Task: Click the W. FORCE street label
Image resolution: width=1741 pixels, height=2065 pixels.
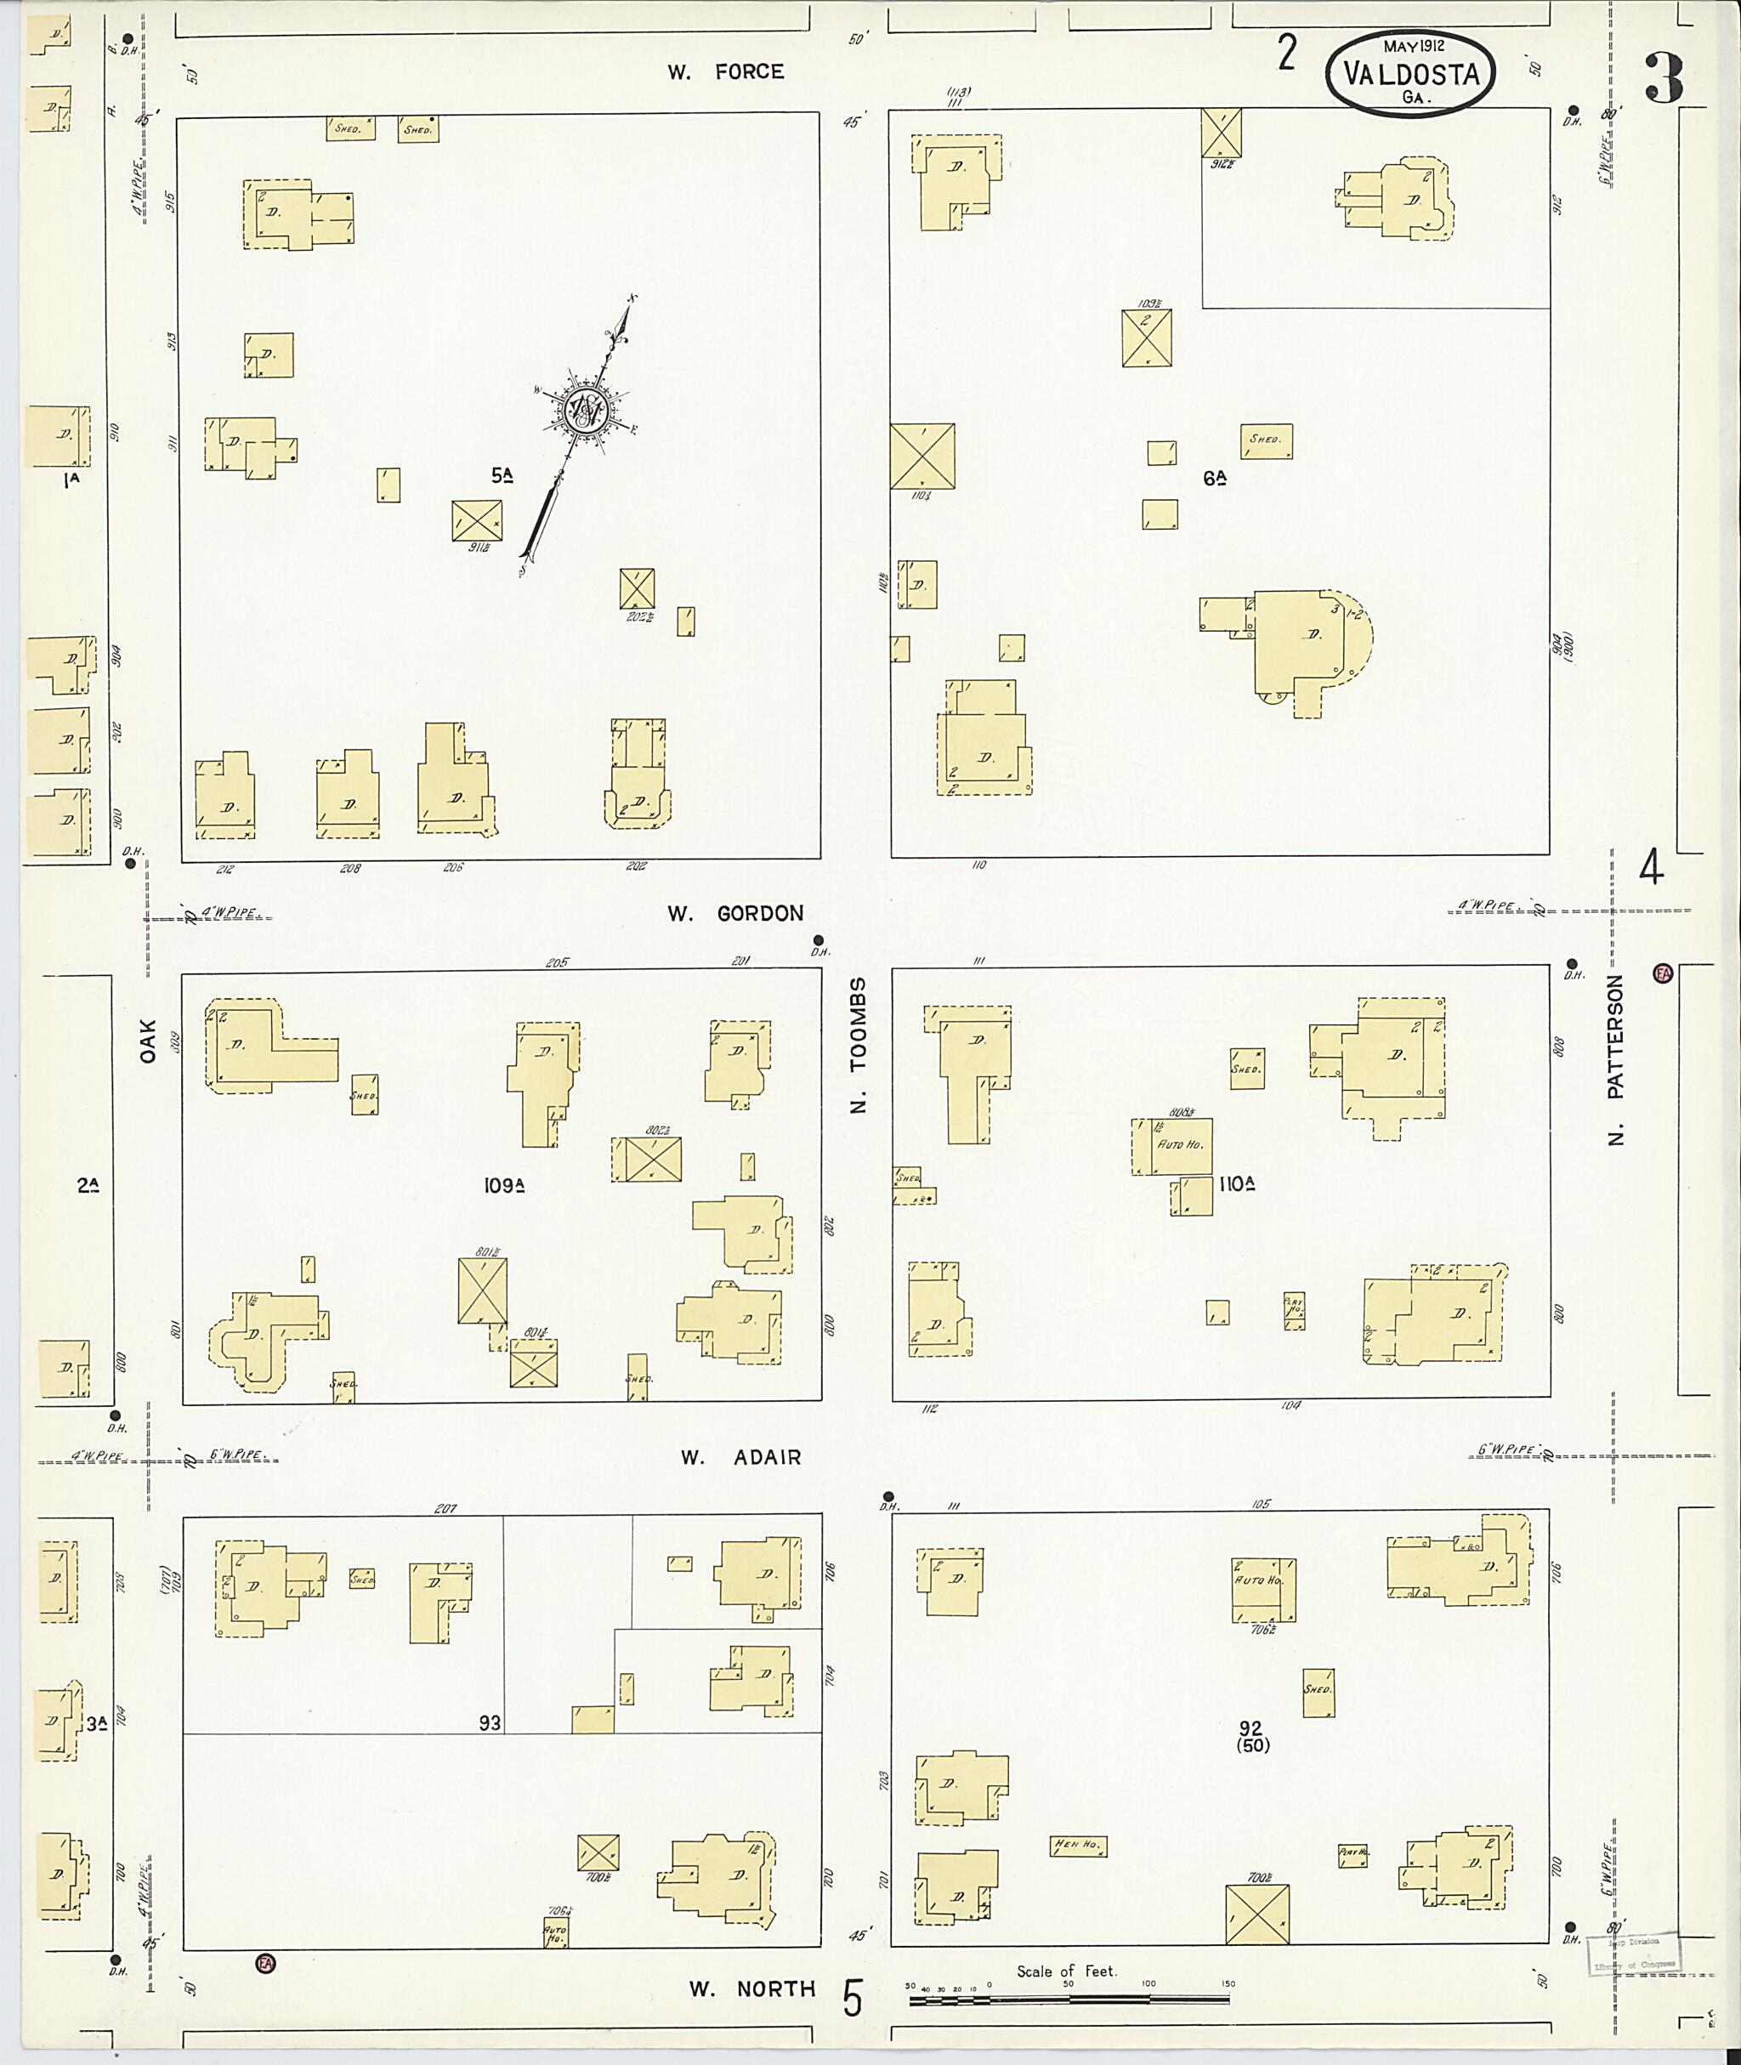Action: tap(725, 71)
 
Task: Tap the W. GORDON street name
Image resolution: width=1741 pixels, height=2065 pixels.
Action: tap(735, 913)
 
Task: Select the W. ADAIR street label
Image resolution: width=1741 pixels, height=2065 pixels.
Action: tap(740, 1457)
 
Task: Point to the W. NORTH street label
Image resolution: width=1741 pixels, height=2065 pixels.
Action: tap(752, 1989)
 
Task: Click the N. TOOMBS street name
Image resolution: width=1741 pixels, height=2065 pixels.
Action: tap(859, 1046)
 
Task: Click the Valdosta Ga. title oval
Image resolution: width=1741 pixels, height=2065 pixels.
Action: tap(1410, 74)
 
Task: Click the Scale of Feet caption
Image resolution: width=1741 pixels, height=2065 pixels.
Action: tap(1067, 1971)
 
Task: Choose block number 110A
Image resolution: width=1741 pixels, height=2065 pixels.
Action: tap(1236, 1183)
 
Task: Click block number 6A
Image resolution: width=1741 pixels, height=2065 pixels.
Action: tap(1214, 478)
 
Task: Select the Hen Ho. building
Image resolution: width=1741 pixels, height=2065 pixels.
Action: tap(1078, 1846)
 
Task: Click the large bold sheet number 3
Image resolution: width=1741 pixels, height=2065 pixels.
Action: tap(1665, 79)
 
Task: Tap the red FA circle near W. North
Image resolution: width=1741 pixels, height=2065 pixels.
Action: tap(264, 1963)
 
